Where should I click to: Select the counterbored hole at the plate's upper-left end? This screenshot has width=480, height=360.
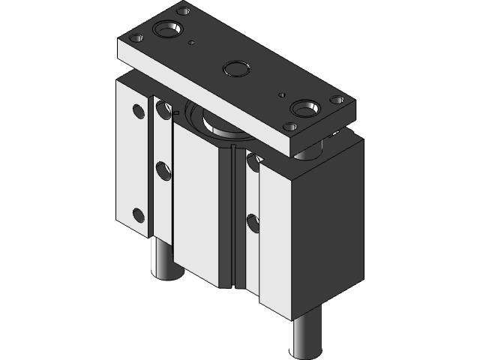click(x=166, y=31)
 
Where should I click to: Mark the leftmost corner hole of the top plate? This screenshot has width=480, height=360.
click(x=136, y=37)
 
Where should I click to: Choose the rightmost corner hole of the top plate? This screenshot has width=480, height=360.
click(x=338, y=99)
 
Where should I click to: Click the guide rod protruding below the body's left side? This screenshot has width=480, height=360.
click(x=163, y=259)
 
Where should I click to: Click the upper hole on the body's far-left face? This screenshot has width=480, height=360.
click(x=138, y=113)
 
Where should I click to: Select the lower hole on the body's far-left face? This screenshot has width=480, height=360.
click(x=138, y=216)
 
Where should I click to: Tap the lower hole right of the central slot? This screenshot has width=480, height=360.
click(x=252, y=222)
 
